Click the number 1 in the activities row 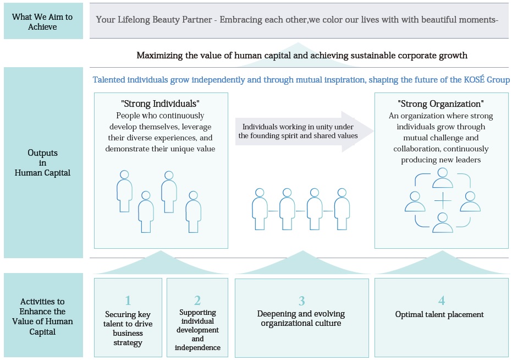coord(128,301)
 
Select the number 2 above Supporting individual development coord(197,301)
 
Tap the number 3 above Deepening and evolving coord(301,301)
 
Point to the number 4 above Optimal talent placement coord(441,301)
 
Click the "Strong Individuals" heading coord(160,103)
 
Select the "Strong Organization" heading coord(441,103)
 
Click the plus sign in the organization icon coord(443,201)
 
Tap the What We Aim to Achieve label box coord(42,22)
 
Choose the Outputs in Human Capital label coord(42,162)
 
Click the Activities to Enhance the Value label coord(42,317)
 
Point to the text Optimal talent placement coord(439,314)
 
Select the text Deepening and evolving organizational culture coord(301,318)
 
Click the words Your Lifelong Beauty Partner coord(154,19)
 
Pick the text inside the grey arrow coord(298,130)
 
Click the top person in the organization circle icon coord(443,178)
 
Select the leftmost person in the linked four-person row coord(260,206)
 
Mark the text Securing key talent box coord(128,328)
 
